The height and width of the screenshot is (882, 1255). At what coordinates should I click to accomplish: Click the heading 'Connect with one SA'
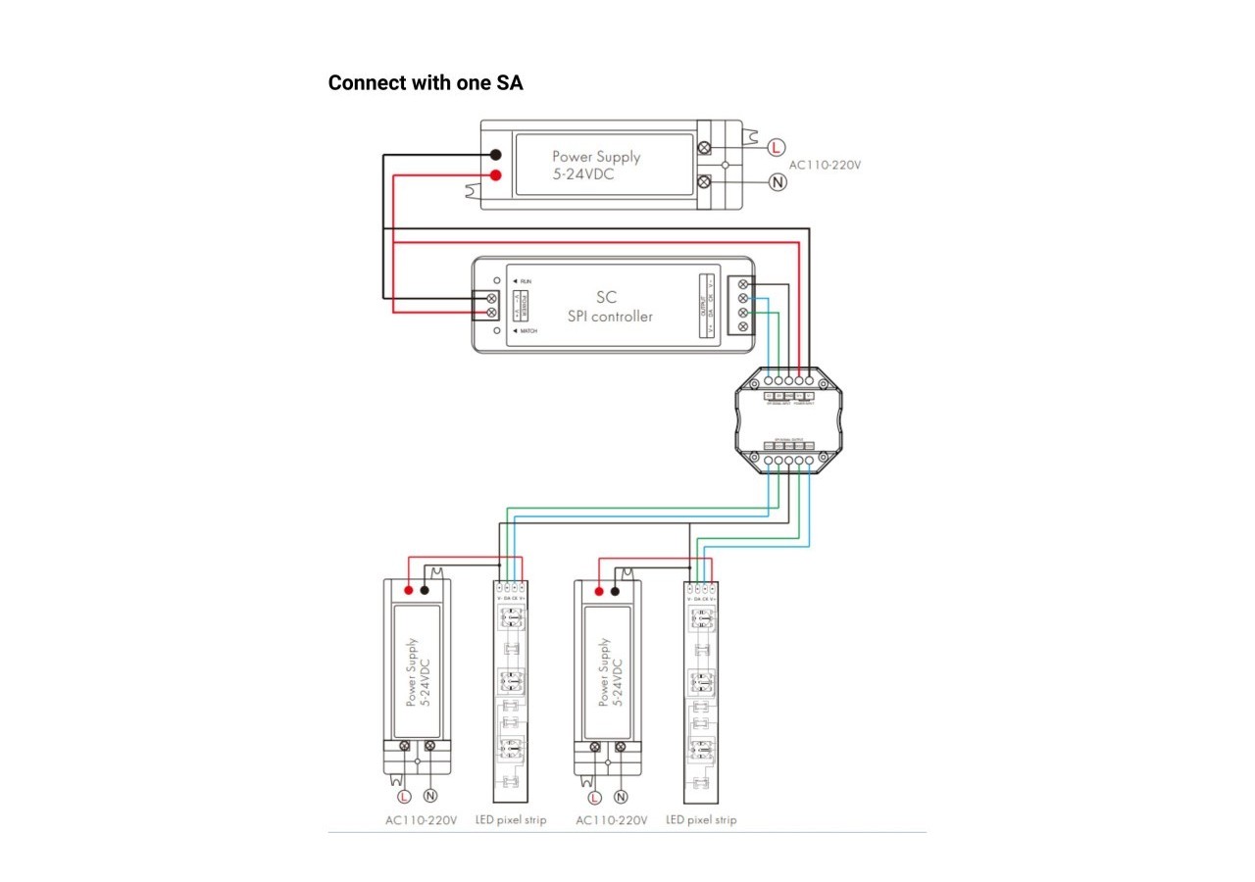click(426, 82)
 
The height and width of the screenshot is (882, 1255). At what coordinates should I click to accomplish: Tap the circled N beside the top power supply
click(777, 182)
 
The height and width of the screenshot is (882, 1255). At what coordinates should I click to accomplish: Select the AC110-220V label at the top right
click(825, 165)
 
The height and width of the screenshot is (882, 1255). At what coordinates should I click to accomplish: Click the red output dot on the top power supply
click(496, 175)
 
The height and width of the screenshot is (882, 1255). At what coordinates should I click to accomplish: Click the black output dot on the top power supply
click(496, 155)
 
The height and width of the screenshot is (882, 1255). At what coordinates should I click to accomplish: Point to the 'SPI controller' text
click(610, 317)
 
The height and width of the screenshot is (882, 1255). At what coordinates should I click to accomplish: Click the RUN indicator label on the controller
click(526, 281)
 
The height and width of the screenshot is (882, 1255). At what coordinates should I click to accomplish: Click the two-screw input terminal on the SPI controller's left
click(490, 304)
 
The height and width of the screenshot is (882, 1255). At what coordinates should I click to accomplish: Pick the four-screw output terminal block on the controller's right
click(742, 305)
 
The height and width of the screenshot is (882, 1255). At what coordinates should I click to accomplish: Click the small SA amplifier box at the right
click(789, 418)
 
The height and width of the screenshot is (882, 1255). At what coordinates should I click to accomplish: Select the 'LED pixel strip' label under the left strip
click(510, 819)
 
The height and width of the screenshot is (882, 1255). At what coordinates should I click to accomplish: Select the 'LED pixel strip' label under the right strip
click(701, 819)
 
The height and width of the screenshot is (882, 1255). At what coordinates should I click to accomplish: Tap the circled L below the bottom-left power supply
click(404, 796)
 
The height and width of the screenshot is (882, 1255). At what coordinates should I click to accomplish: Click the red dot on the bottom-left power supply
click(407, 591)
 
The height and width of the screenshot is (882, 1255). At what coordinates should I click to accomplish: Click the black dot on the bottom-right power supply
click(615, 591)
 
